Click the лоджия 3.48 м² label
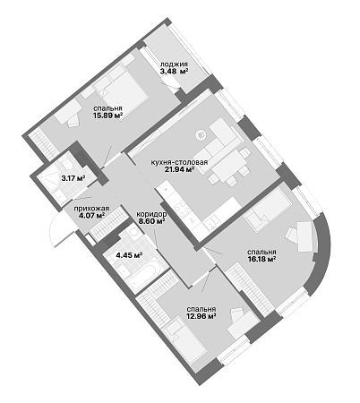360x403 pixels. coord(174,67)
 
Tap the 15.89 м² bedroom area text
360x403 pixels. coord(108,116)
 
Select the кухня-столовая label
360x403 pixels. coord(179,163)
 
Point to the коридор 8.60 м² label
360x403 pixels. coord(151,218)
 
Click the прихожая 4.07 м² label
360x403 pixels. coord(91,212)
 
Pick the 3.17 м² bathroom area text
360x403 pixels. coord(73,178)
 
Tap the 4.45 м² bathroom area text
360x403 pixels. coord(129,255)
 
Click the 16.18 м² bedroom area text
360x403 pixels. coord(261,259)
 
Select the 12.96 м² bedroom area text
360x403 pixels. coord(201,316)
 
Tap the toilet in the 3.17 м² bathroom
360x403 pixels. coord(66,164)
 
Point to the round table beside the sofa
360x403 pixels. coord(201,135)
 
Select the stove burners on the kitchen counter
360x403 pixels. coord(181,208)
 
